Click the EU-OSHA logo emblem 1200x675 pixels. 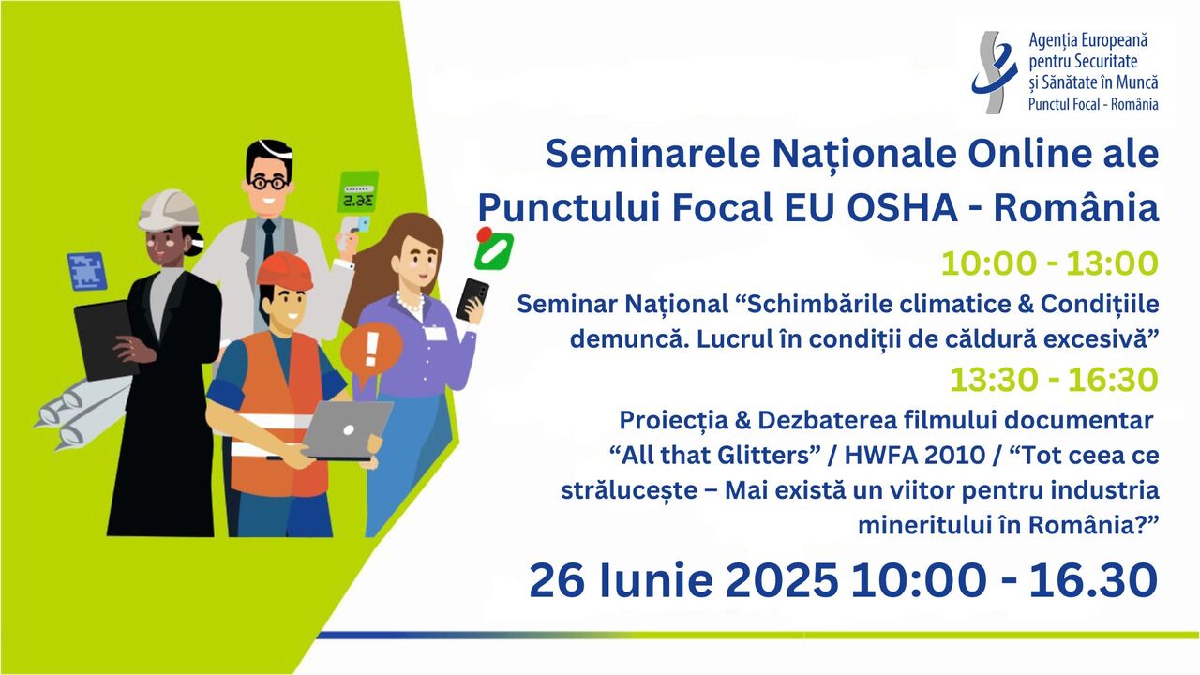pyautogui.click(x=995, y=71)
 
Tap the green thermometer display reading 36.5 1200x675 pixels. pyautogui.click(x=358, y=192)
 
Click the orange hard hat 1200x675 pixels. pyautogui.click(x=284, y=271)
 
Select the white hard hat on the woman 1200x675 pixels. pyautogui.click(x=169, y=209)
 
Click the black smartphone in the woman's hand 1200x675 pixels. pyautogui.click(x=472, y=299)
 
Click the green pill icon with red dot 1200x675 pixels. pyautogui.click(x=493, y=249)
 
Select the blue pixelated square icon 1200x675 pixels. pyautogui.click(x=87, y=271)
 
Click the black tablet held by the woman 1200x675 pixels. pyautogui.click(x=106, y=339)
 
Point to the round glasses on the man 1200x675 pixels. pyautogui.click(x=268, y=183)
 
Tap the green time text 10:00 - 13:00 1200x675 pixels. pyautogui.click(x=1050, y=263)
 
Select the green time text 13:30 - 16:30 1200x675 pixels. pyautogui.click(x=1055, y=380)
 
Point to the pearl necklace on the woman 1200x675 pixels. pyautogui.click(x=410, y=301)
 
